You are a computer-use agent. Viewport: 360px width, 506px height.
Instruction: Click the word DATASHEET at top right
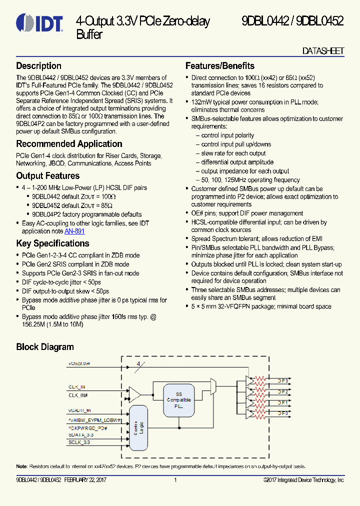pos(323,51)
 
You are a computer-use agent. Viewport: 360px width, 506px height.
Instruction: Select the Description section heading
pos(39,66)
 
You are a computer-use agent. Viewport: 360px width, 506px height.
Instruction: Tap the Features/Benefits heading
pos(220,66)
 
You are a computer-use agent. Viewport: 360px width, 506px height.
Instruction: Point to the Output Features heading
pos(48,175)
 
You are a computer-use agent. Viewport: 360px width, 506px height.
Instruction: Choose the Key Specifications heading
pos(53,243)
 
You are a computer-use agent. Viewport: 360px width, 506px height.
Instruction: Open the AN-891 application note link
pos(74,231)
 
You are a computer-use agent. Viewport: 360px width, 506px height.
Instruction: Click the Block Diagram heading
pos(45,347)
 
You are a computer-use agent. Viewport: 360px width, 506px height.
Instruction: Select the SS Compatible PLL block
pos(178,400)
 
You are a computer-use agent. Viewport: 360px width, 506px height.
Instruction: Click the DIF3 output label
pos(283,381)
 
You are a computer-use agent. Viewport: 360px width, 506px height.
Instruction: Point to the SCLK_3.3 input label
pos(80,442)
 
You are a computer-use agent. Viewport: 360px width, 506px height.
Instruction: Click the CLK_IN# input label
pos(78,395)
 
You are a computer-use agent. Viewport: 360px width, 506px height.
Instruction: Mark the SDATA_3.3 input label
pos(81,435)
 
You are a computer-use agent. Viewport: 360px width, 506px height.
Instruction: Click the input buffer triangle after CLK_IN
pos(134,393)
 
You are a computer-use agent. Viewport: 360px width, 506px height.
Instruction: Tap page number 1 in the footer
pos(175,480)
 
